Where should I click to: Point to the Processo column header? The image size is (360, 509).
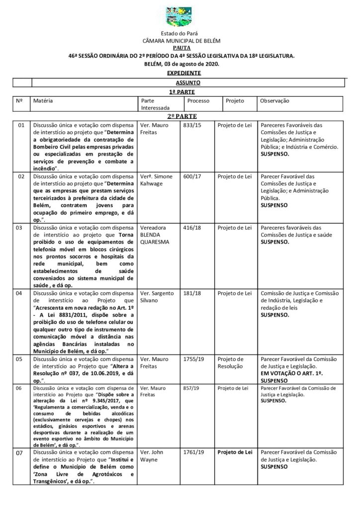pyautogui.click(x=198, y=100)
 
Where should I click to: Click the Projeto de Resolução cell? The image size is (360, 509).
pyautogui.click(x=231, y=362)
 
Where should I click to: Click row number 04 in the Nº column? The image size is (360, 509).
pyautogui.click(x=20, y=293)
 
